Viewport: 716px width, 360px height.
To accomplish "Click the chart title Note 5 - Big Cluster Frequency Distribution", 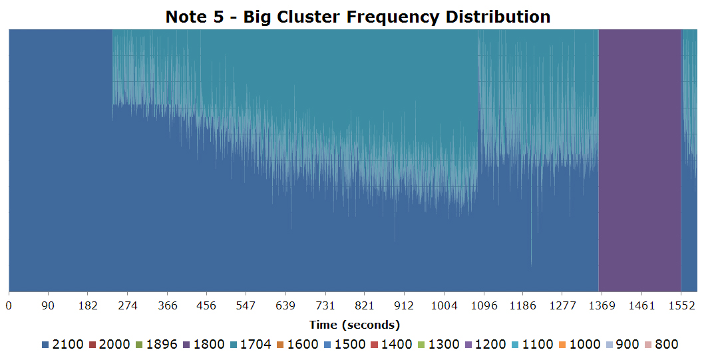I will pos(358,17).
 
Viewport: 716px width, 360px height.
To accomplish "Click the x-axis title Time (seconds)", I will pos(354,325).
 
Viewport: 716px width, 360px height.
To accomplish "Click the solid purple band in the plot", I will pos(639,160).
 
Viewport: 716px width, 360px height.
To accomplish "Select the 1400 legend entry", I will pos(391,345).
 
